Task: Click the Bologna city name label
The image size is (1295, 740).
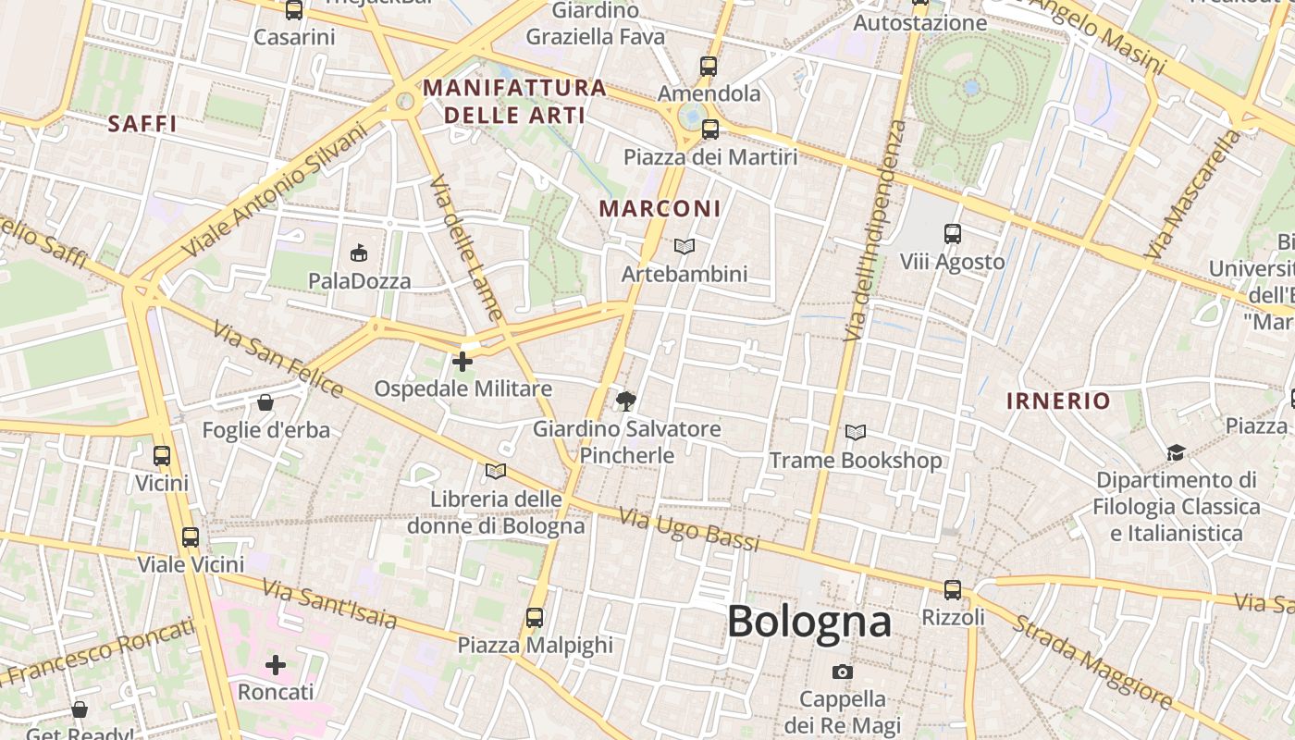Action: tap(809, 621)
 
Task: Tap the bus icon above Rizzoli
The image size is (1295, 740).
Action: tap(953, 589)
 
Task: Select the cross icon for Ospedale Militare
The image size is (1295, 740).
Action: tap(462, 361)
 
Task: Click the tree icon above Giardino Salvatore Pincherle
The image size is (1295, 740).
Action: tap(626, 401)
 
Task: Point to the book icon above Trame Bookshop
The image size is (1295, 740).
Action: tap(857, 432)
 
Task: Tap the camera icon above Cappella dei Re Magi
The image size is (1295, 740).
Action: tap(842, 672)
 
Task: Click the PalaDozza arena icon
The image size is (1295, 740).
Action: tap(359, 253)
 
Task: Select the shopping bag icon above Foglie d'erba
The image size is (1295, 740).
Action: tap(265, 402)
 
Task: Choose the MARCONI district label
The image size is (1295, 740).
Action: tap(660, 208)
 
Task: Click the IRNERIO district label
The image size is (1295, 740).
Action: tap(1058, 401)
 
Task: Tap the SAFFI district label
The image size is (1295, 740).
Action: tap(142, 124)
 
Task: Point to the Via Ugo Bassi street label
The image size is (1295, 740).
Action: tap(689, 530)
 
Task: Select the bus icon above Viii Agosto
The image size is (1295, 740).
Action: tap(953, 234)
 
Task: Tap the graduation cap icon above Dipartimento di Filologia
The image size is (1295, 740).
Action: tap(1176, 452)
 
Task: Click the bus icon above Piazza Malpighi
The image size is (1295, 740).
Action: tap(535, 617)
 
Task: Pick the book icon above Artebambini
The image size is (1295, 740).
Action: tap(684, 246)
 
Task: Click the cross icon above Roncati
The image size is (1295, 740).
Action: tap(276, 664)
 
